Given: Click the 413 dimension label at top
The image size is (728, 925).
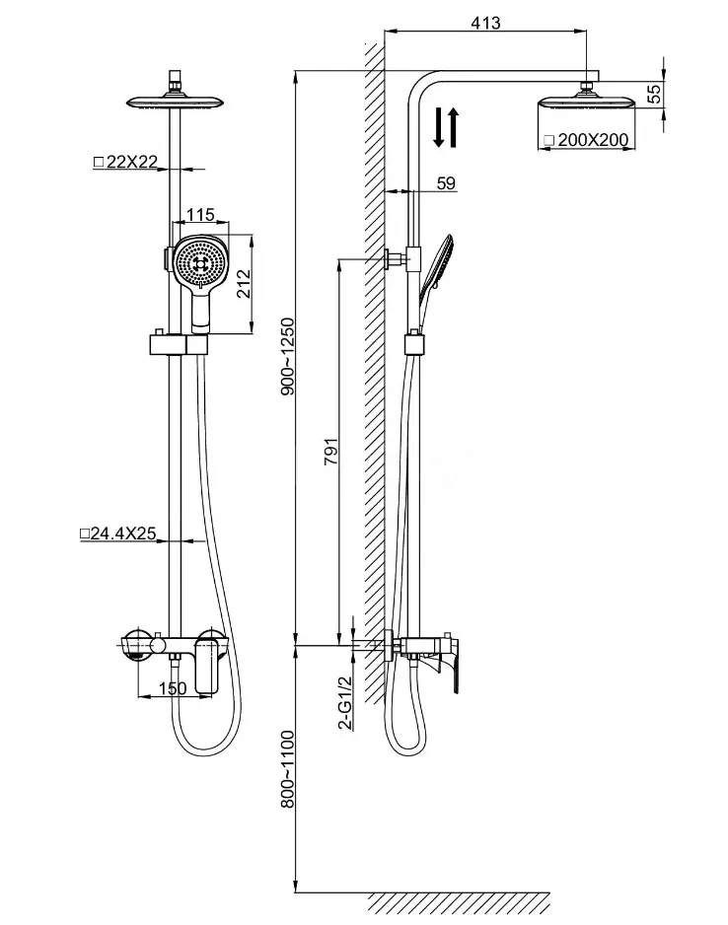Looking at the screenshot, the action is point(485,23).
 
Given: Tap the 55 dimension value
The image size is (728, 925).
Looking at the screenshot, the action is point(654,94).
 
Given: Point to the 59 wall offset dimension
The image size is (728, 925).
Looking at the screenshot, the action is point(446,182).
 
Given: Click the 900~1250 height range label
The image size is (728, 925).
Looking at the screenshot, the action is point(287,356).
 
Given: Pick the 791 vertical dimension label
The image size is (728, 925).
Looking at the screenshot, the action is point(331,452).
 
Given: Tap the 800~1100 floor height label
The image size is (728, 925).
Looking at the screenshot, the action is point(287,768).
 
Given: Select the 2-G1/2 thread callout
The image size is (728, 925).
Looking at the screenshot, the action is point(345,702).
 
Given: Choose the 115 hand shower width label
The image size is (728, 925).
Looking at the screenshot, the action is point(200,215).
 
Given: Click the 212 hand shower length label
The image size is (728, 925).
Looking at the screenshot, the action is point(243,283).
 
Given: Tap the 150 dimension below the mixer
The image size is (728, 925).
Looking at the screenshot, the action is point(173,688).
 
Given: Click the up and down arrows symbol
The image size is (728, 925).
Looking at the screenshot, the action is point(446,127).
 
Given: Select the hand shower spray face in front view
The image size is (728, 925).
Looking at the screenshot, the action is point(202,262).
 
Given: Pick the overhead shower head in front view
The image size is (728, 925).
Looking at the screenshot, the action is point(176,102).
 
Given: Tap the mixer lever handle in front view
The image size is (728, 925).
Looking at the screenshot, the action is point(206,666).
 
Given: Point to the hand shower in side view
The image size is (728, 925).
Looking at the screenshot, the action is point(435,269).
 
